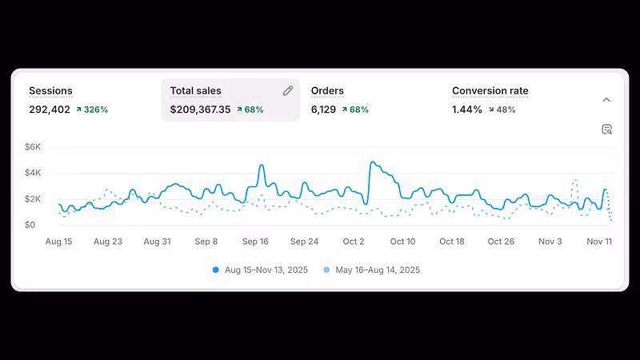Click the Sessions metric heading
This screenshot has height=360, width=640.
(x=50, y=90)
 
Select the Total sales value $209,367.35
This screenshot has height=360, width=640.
(x=201, y=110)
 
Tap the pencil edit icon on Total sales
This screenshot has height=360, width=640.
(x=288, y=90)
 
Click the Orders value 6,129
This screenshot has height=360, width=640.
(x=323, y=110)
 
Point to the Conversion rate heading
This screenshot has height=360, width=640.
(x=490, y=90)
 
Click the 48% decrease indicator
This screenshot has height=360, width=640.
(x=502, y=110)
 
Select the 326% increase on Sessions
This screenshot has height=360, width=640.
(x=92, y=110)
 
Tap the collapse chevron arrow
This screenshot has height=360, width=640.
(x=606, y=100)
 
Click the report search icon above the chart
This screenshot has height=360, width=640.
(x=607, y=130)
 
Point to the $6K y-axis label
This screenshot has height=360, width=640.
(x=33, y=147)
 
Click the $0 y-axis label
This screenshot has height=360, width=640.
(x=30, y=225)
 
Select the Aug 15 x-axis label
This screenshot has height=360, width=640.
(x=58, y=242)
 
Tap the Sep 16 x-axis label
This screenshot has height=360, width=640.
(x=255, y=242)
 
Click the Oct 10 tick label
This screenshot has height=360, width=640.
(x=403, y=242)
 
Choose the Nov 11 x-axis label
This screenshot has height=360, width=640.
(x=599, y=242)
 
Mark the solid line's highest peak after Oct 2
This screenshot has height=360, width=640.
(x=372, y=162)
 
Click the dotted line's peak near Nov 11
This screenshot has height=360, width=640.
(x=574, y=179)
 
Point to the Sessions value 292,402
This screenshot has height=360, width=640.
(x=50, y=110)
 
